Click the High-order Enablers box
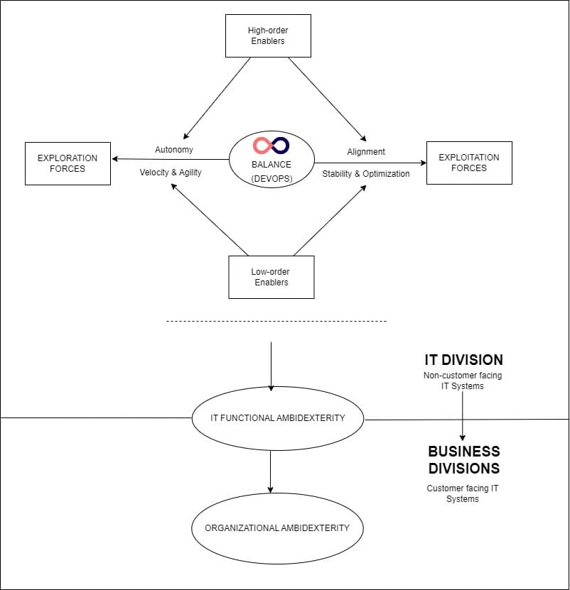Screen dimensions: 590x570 coord(267,35)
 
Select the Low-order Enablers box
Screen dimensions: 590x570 coord(271,277)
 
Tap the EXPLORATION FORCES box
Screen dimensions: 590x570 coord(68,163)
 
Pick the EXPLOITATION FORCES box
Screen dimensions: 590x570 coord(468,163)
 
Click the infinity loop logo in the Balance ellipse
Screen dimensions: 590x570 coord(271,146)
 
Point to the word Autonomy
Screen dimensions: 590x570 coord(174,150)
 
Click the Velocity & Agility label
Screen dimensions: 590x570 coord(171,173)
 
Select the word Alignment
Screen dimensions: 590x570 coord(366,151)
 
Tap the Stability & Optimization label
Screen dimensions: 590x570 coord(366,173)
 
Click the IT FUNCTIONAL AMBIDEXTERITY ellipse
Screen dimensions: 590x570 coord(277,418)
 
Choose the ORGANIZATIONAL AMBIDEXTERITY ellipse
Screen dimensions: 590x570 coord(277,528)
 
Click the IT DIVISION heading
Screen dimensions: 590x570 coord(463,359)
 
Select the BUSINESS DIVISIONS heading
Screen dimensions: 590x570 coord(463,459)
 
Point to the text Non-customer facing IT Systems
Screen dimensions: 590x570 coord(463,381)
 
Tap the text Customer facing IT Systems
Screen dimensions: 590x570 coord(463,493)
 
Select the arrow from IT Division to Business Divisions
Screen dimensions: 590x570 coord(463,415)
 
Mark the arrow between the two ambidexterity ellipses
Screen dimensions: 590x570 coord(271,470)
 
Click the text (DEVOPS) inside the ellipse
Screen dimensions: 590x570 coord(271,178)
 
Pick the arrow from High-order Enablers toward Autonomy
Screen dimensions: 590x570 coord(217,99)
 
